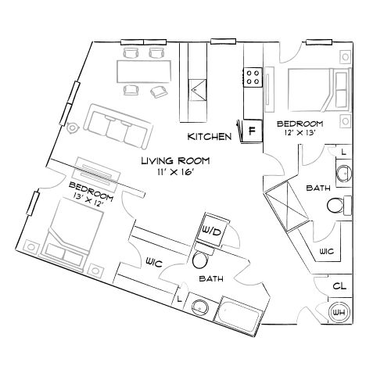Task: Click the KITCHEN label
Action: [209, 136]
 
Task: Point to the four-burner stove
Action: [253, 76]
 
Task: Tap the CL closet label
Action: [339, 286]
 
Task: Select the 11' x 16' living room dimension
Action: [174, 171]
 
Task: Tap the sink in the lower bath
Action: [201, 307]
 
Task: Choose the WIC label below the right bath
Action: [327, 250]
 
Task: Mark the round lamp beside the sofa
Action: [73, 126]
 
